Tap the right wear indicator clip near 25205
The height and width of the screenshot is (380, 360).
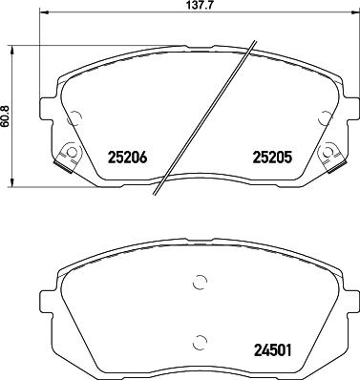point(329,152)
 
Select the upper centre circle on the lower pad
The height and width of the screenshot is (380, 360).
point(199,282)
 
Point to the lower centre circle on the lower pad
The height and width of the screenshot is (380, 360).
point(199,342)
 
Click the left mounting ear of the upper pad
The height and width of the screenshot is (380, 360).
point(46,107)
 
